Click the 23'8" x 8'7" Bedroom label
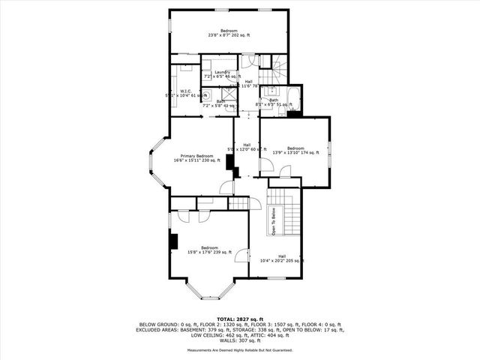(x=229, y=32)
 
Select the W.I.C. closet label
(x=186, y=94)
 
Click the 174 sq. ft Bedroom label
(x=295, y=150)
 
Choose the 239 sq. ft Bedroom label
(x=208, y=250)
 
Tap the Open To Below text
(x=274, y=222)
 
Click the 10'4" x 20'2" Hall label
(x=281, y=259)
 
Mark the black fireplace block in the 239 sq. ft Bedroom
(x=174, y=241)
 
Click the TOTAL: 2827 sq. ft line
(x=240, y=319)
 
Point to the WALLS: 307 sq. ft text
(x=240, y=339)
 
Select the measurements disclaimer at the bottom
(x=240, y=350)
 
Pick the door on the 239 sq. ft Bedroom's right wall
(x=241, y=256)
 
